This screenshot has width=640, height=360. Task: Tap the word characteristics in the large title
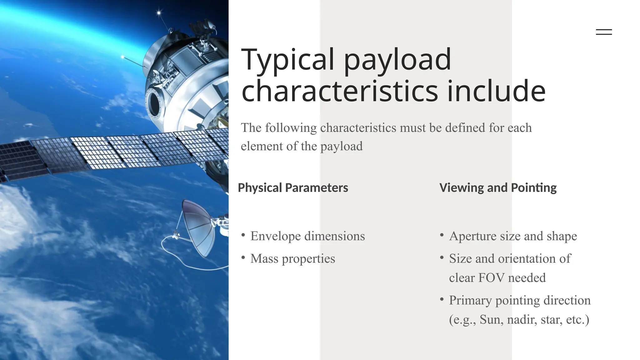click(x=340, y=91)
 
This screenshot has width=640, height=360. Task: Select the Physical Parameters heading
click(x=293, y=188)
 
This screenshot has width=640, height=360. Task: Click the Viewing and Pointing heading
click(x=498, y=188)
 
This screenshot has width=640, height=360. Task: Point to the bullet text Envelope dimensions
click(x=307, y=236)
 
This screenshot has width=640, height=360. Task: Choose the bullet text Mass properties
click(x=292, y=259)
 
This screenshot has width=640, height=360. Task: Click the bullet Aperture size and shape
click(x=513, y=236)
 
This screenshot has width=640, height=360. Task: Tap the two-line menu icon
click(x=604, y=32)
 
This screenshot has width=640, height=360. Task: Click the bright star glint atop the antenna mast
click(x=159, y=13)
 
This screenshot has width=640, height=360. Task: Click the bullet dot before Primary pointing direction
click(x=442, y=299)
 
